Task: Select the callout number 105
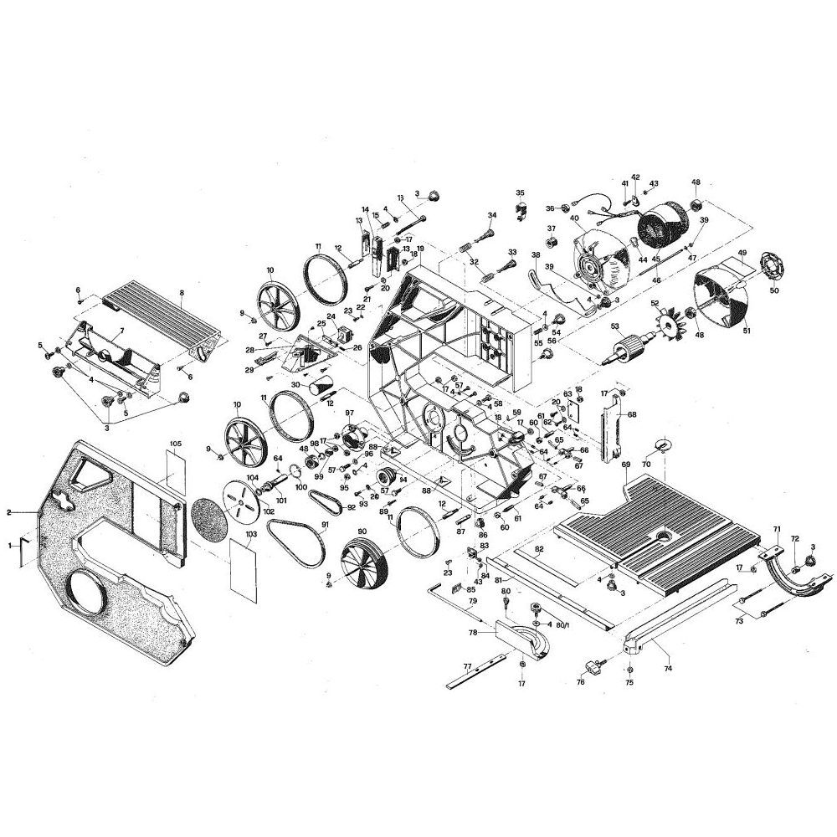[x=176, y=443]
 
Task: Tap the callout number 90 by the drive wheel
[x=362, y=532]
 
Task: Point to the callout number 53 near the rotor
[x=615, y=326]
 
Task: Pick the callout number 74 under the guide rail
[x=667, y=669]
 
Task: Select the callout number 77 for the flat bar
[x=467, y=666]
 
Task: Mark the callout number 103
[x=250, y=533]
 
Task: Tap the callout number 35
[x=520, y=193]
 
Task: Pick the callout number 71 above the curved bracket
[x=776, y=530]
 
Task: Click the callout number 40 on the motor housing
[x=575, y=219]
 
